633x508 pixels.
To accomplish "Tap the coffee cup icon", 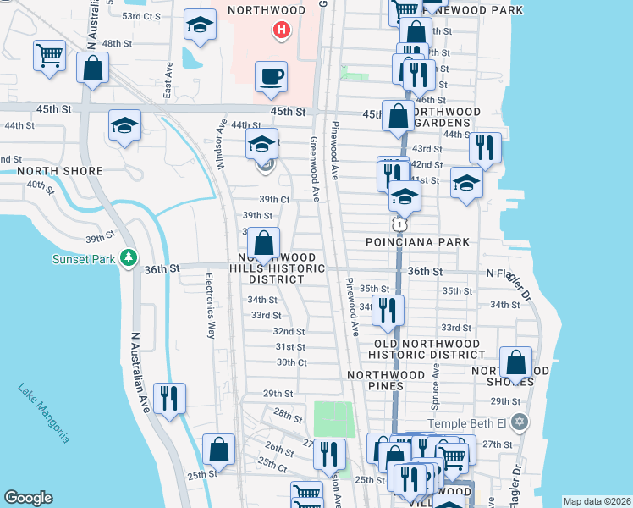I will pos(271,75).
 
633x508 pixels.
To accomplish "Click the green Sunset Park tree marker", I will pos(128,257).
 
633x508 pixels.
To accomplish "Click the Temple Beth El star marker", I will pos(520,422).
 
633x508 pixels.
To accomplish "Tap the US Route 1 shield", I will pos(398,224).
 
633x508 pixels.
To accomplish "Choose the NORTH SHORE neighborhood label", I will pos(60,171).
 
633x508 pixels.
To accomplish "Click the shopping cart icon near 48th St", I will pos(49,57).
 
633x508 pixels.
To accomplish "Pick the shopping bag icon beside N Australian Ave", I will pos(92,68).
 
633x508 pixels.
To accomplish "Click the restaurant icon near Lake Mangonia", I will pos(169,399).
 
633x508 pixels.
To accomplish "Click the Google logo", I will pos(28,498).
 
